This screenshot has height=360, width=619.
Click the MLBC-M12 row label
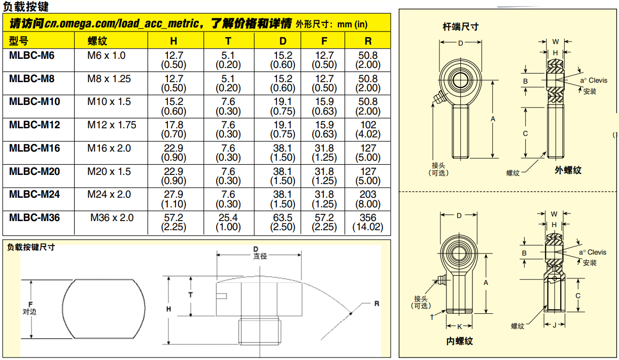tap(35, 125)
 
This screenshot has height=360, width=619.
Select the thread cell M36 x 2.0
tap(112, 218)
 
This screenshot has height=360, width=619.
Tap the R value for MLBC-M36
tap(368, 222)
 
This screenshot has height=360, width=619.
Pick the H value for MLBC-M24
tap(174, 199)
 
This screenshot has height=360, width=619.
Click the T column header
tap(228, 41)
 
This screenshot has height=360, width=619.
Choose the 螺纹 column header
tap(96, 41)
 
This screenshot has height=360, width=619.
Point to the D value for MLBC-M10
tap(283, 106)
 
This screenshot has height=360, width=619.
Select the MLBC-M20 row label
tap(35, 171)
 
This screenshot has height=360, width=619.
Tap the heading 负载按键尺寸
tap(31, 247)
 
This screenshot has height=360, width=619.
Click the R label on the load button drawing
tap(376, 304)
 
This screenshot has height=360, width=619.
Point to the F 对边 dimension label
tap(30, 308)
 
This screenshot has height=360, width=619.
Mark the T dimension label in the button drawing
tap(190, 295)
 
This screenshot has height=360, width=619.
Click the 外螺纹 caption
tap(568, 170)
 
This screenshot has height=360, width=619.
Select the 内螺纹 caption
tap(460, 341)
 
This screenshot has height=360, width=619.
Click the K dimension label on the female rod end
tap(459, 327)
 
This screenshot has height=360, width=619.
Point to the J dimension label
tap(555, 325)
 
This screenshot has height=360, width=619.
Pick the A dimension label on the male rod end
tap(493, 119)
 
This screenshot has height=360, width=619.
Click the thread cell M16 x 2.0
tap(109, 148)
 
